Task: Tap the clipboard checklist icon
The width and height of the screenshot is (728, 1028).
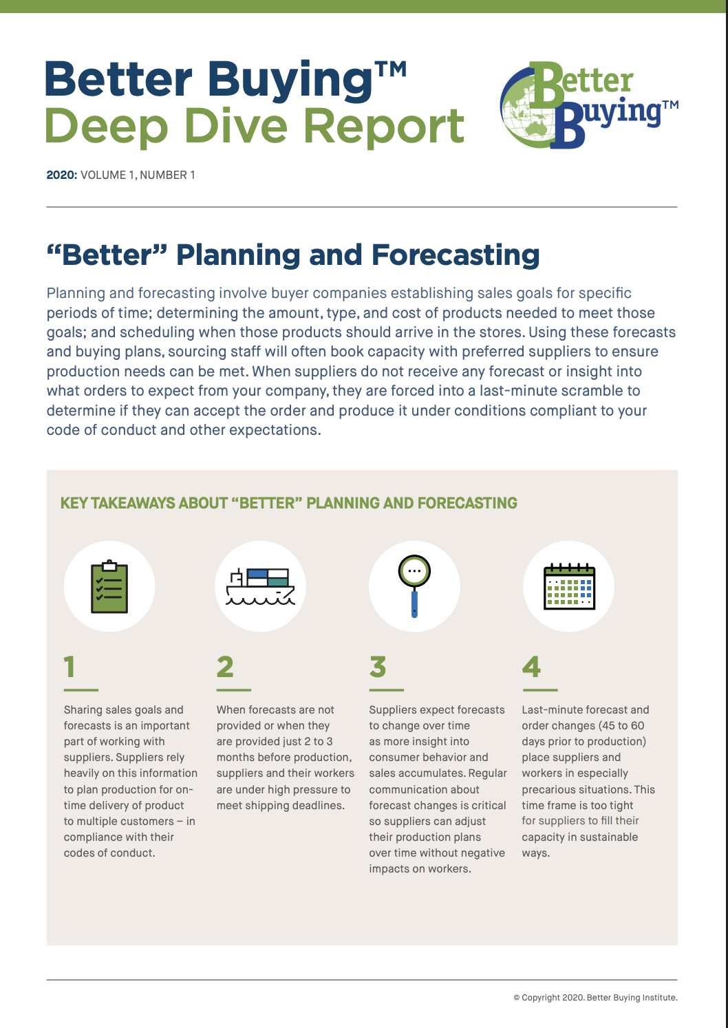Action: [109, 587]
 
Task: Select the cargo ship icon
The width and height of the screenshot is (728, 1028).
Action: [260, 587]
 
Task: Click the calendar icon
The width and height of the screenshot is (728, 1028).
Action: [569, 587]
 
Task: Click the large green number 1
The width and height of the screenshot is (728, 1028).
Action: [69, 667]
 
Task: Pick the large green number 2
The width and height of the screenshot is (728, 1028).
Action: [225, 667]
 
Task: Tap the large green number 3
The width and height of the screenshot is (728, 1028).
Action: [378, 667]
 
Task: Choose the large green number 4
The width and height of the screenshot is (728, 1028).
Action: [531, 667]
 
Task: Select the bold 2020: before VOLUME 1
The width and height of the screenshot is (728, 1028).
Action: [62, 175]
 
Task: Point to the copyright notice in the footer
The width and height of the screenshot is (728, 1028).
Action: [595, 997]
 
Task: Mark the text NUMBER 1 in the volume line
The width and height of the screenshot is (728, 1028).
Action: [167, 175]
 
